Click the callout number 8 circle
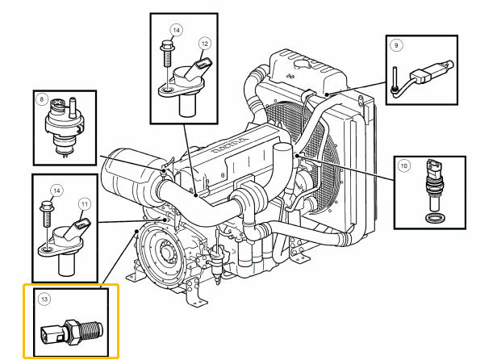(42, 100)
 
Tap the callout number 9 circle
(396, 45)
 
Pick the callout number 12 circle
(205, 43)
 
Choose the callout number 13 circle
(44, 299)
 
